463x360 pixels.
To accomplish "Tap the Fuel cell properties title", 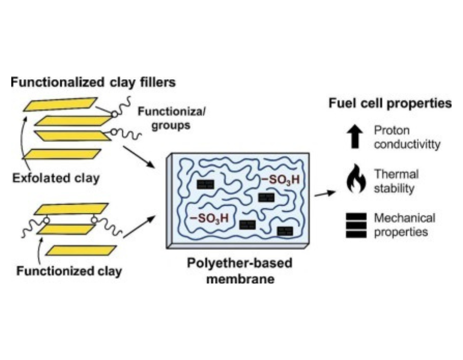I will click(x=390, y=103).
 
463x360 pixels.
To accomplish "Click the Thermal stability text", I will click(x=396, y=181).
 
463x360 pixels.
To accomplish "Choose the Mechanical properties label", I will click(x=404, y=225).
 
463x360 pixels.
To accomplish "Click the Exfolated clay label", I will click(x=56, y=178).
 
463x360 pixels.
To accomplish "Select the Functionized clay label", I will click(x=69, y=271).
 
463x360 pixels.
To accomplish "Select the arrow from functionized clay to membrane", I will click(x=139, y=227).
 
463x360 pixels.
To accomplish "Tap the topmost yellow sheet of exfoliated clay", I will click(x=61, y=104).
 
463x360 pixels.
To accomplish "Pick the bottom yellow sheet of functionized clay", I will click(x=81, y=250).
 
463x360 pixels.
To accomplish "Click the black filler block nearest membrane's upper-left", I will click(x=205, y=185).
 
